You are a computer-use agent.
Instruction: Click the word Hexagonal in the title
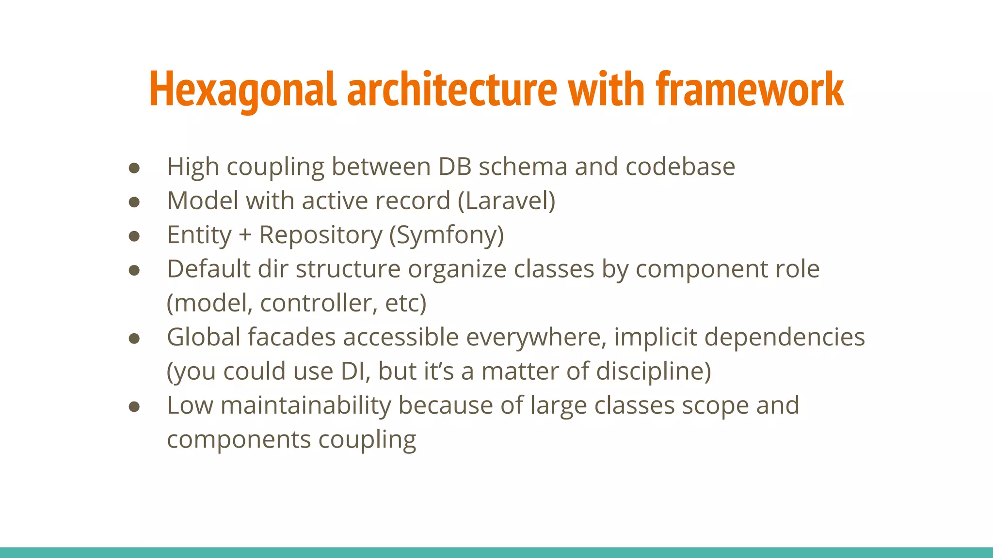tap(242, 90)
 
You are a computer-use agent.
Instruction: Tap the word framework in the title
tap(750, 90)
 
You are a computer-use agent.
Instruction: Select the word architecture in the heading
tap(452, 90)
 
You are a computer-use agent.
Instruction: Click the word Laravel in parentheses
tap(507, 201)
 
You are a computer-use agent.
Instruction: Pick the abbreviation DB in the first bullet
tap(455, 167)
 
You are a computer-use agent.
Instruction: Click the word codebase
tap(680, 167)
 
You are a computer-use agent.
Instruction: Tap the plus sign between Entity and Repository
tap(245, 235)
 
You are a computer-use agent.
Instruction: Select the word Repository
tap(320, 235)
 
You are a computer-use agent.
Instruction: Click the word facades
tap(292, 337)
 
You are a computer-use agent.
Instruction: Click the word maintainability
tap(305, 405)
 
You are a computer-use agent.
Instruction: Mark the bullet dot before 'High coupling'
tap(134, 168)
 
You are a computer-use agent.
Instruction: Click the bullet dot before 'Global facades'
tap(134, 339)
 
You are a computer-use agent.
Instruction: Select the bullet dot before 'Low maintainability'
tap(134, 407)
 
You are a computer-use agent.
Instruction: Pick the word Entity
tap(199, 235)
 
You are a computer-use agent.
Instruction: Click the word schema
tap(523, 167)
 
